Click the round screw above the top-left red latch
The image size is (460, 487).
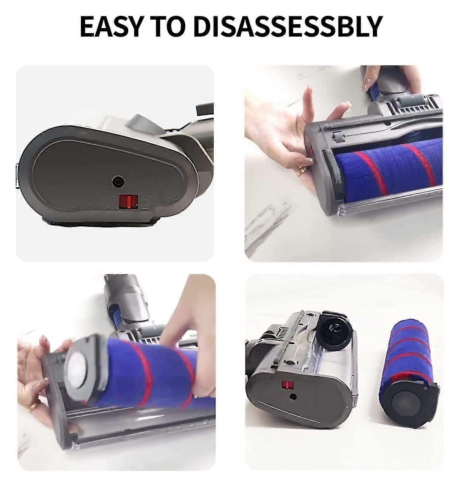coord(118,181)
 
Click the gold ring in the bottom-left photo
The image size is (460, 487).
coord(32,407)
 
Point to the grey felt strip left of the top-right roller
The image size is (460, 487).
coord(330,175)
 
